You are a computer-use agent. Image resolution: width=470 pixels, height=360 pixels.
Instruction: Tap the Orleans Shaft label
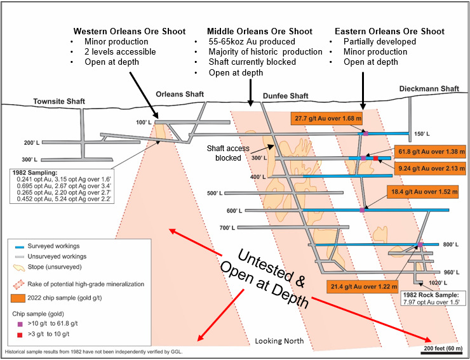pos(180,94)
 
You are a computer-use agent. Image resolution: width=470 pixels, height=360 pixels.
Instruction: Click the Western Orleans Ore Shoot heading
pos(130,31)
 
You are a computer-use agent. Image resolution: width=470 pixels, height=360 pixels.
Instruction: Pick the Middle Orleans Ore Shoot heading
pos(260,31)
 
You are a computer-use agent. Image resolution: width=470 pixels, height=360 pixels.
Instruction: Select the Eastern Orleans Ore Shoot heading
pos(389,31)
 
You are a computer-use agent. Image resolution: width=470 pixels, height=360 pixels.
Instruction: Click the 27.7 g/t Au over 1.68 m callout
pos(326,118)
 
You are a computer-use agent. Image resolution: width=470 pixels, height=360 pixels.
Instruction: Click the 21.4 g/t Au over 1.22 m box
pos(362,288)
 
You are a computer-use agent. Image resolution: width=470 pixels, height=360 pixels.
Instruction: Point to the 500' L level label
pos(216,194)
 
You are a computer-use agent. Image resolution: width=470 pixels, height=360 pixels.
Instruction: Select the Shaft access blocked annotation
pos(228,153)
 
